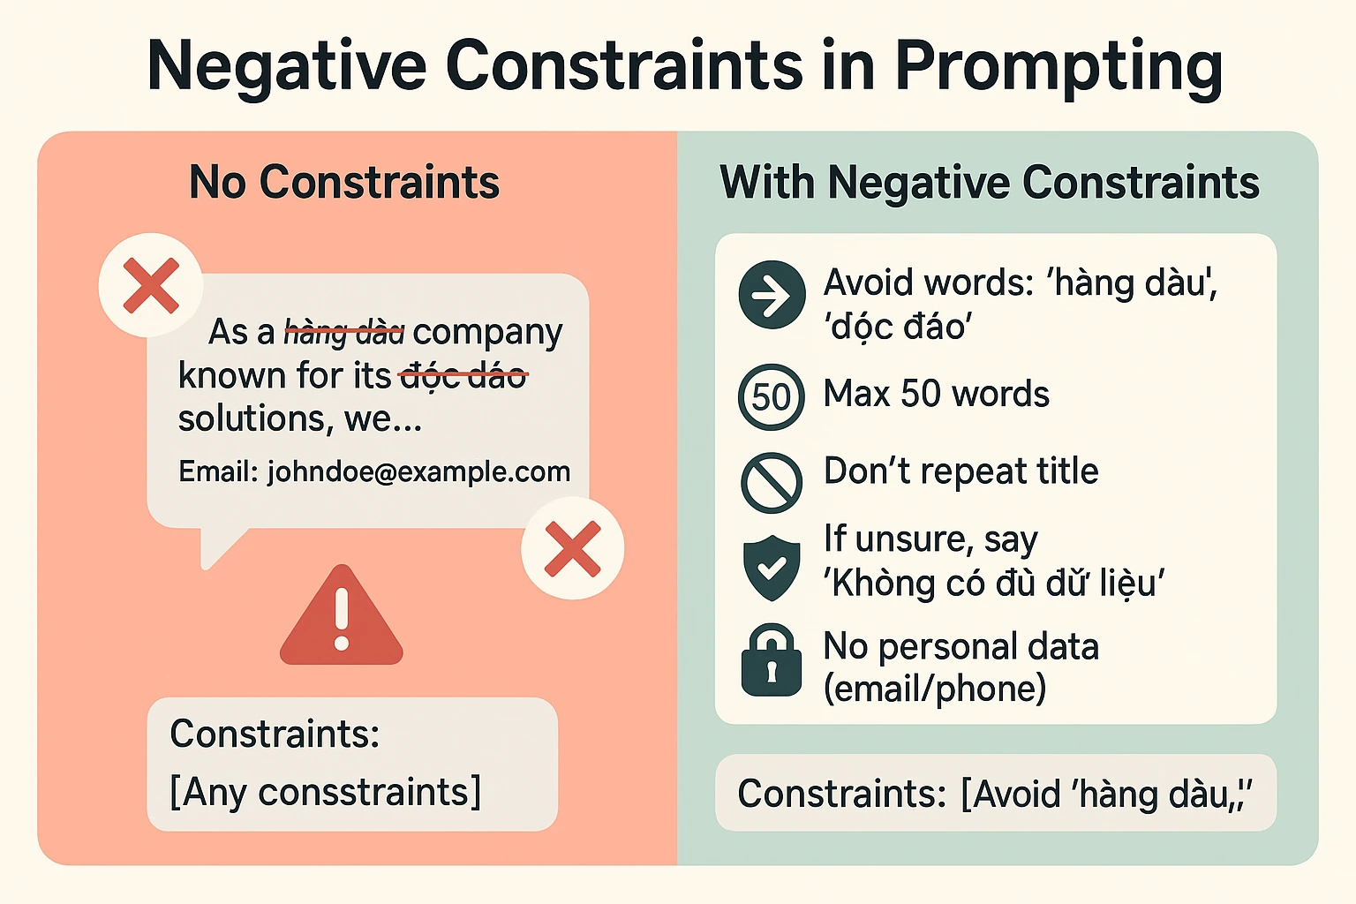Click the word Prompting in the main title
point(1058,68)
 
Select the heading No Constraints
point(343,182)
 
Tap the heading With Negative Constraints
point(989,182)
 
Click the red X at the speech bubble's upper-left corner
point(151,285)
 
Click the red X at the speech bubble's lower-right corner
point(573,548)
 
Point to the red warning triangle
point(342,615)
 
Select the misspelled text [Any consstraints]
point(326,791)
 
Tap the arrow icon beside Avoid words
point(772,295)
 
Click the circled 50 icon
point(772,397)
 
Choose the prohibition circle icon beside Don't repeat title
point(772,483)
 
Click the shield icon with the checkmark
point(772,568)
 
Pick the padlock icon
point(772,660)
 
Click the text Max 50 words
point(936,394)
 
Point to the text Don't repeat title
point(960,471)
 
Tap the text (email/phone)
point(935,689)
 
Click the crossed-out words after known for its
point(463,376)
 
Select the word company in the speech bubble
point(487,333)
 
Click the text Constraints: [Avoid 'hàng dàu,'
point(995,794)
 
